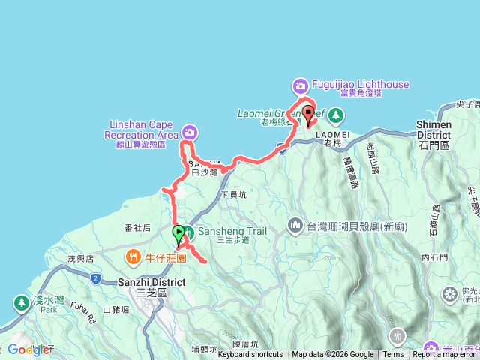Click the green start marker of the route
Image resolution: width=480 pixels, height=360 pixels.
point(178,232)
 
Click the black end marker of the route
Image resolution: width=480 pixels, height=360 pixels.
point(309,115)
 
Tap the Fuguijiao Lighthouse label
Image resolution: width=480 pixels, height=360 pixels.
point(361,85)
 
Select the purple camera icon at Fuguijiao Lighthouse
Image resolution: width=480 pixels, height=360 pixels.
point(301,85)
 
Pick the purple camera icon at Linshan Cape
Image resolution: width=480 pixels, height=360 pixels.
point(190,133)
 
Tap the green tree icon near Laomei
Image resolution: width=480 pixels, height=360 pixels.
point(337,115)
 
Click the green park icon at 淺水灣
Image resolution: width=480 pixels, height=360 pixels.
point(20,303)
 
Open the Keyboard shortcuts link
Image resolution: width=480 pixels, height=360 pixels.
point(250,355)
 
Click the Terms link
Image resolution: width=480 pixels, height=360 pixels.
point(393,355)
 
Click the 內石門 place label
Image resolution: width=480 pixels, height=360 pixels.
point(434,257)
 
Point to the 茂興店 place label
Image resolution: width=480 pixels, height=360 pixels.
point(80,257)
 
